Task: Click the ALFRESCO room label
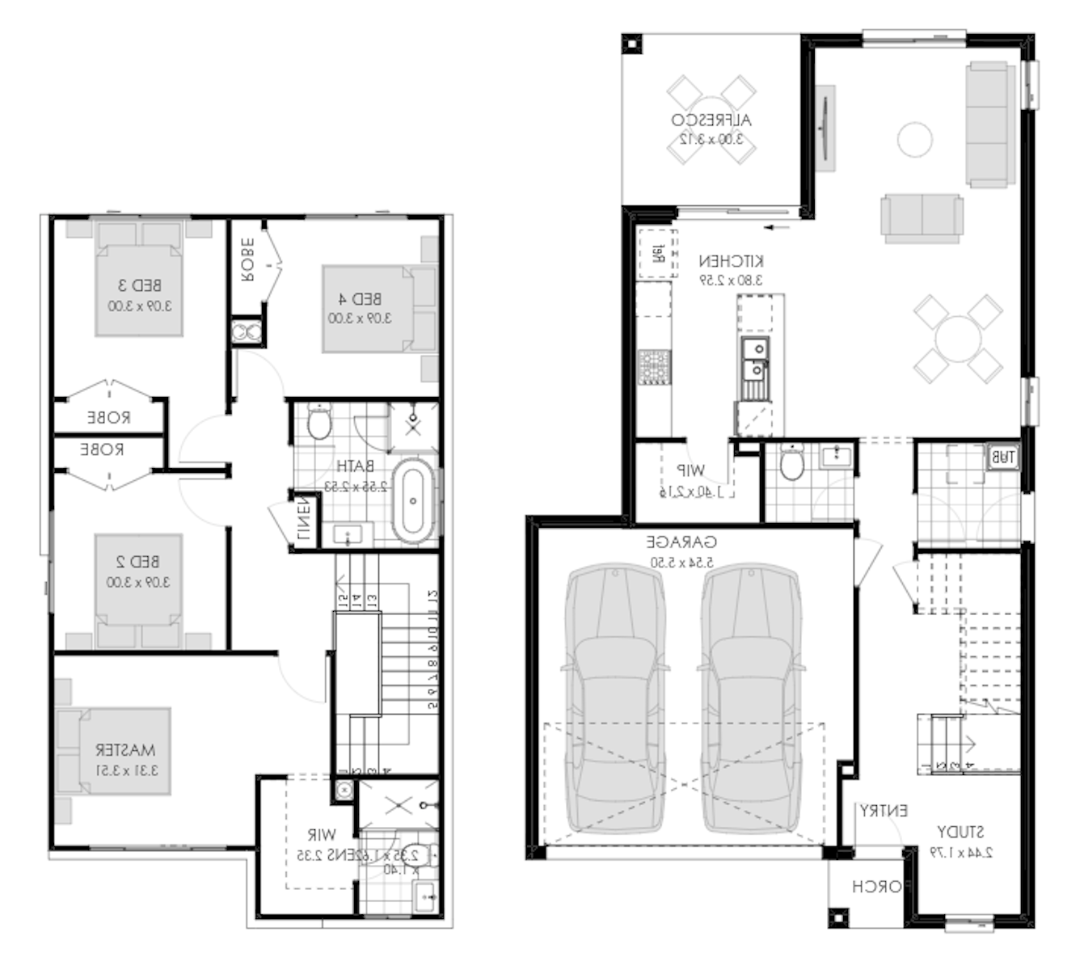[x=711, y=120]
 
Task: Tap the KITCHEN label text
[x=731, y=261]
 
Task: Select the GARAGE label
[x=681, y=542]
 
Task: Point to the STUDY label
[x=960, y=832]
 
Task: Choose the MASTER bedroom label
[x=125, y=750]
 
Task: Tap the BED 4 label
[x=360, y=299]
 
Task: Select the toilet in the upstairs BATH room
[x=320, y=422]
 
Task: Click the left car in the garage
[x=616, y=699]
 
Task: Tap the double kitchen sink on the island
[x=754, y=360]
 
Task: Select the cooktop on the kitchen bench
[x=653, y=367]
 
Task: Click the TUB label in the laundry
[x=1002, y=458]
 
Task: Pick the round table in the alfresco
[x=711, y=120]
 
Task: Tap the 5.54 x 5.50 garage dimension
[x=681, y=562]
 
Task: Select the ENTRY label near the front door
[x=883, y=810]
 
